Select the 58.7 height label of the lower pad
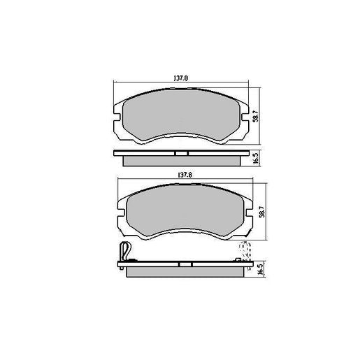(261, 209)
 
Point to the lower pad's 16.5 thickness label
(261, 270)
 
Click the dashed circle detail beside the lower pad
(245, 249)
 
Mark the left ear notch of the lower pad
(119, 206)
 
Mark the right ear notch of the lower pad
(249, 206)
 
